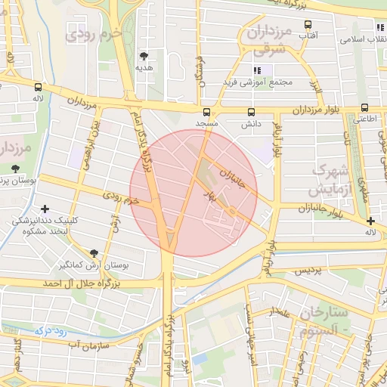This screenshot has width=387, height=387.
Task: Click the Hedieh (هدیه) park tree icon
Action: tap(144, 55)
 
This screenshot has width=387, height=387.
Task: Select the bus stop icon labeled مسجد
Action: tap(207, 110)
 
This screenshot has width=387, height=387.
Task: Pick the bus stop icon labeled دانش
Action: tap(251, 111)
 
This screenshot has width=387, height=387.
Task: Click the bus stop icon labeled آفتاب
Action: tap(308, 24)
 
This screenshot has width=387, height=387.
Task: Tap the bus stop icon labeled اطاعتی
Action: tap(366, 108)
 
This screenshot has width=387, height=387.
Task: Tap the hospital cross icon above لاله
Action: tap(370, 221)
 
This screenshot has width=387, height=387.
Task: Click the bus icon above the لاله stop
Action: tap(37, 87)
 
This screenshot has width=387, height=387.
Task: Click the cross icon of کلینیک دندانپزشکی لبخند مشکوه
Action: tap(45, 209)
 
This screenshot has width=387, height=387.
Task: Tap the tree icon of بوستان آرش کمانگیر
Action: tap(94, 254)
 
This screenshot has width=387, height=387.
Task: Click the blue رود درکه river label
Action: tap(50, 330)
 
